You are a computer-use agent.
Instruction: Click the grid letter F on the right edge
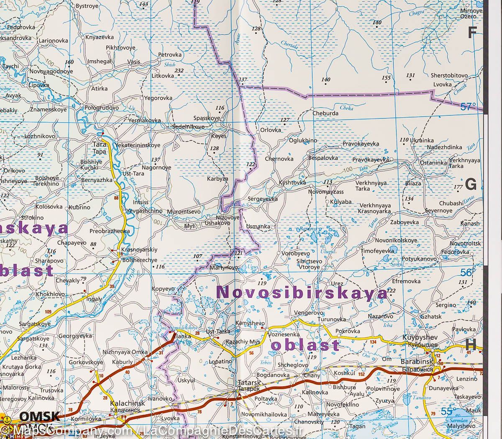472,33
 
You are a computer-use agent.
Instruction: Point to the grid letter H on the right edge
471,344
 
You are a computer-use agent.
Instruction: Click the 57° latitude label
469,107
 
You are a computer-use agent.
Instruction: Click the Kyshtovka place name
292,183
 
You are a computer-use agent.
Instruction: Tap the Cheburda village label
325,112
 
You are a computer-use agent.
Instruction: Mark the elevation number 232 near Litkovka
179,70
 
